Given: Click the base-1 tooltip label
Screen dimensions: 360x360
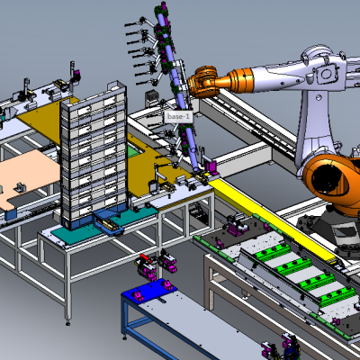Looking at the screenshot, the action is pyautogui.click(x=179, y=117).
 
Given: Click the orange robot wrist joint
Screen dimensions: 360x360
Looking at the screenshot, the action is pyautogui.click(x=204, y=82).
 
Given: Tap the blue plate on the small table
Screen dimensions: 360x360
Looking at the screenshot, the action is pyautogui.click(x=149, y=290).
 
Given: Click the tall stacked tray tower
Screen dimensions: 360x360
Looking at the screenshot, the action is pyautogui.click(x=94, y=155).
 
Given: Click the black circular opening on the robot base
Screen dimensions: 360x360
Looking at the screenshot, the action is pyautogui.click(x=330, y=179).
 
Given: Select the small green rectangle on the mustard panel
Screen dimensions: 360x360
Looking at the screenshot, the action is pyautogui.click(x=134, y=152).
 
